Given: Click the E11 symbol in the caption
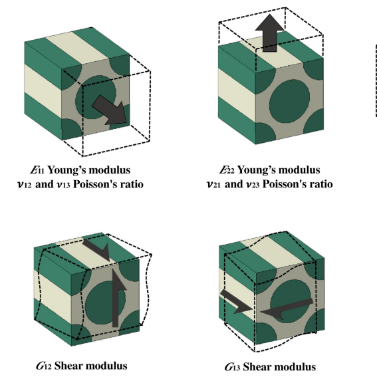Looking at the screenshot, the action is [37, 170].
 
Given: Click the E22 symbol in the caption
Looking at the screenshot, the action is [227, 170].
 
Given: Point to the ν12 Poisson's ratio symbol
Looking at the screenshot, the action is [25, 184].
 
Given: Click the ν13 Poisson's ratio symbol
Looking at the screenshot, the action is [63, 184].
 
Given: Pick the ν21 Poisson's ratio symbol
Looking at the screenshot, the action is [213, 184].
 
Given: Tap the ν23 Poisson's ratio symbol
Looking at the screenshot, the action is [253, 184].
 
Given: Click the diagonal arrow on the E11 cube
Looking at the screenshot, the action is [110, 110].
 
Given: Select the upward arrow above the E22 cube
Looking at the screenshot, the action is [270, 33].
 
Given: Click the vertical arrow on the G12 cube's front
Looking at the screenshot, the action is [117, 298].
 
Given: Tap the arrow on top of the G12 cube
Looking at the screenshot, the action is [97, 250].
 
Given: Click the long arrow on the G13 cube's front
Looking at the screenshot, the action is [287, 309].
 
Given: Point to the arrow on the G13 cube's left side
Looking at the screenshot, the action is [235, 301].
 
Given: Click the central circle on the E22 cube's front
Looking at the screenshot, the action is [289, 99].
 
